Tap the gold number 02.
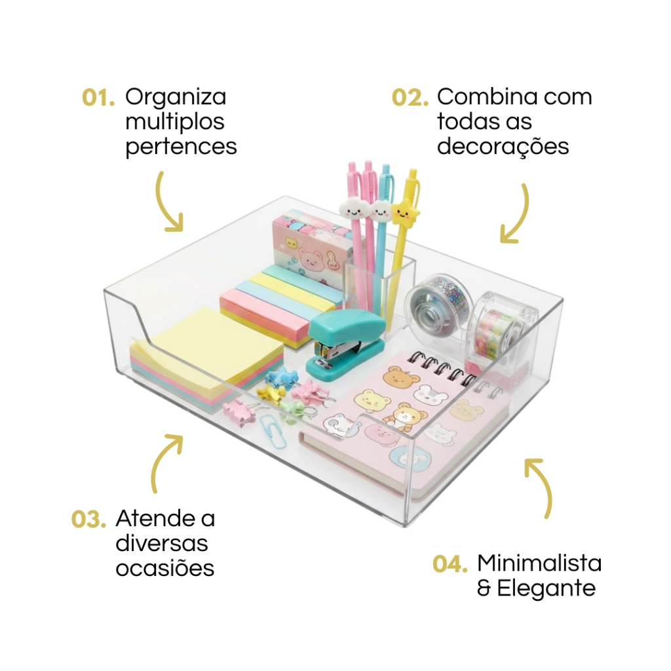[410, 98]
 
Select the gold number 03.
[88, 520]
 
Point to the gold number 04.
[450, 564]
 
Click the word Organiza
[176, 97]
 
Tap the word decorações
[503, 147]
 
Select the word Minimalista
[539, 563]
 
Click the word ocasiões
[165, 568]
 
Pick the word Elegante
[546, 588]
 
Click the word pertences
[181, 147]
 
